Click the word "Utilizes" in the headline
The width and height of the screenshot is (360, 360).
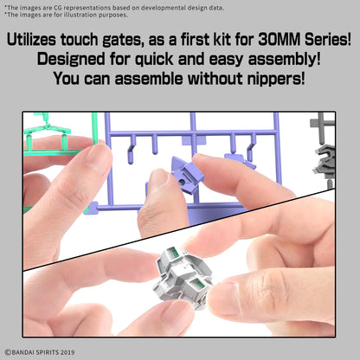31,40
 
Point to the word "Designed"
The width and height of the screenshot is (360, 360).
72,60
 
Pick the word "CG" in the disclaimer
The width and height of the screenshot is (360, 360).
58,8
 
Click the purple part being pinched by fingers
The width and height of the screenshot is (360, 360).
188,173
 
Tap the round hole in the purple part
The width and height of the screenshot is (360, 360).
182,183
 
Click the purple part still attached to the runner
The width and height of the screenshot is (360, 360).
240,161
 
